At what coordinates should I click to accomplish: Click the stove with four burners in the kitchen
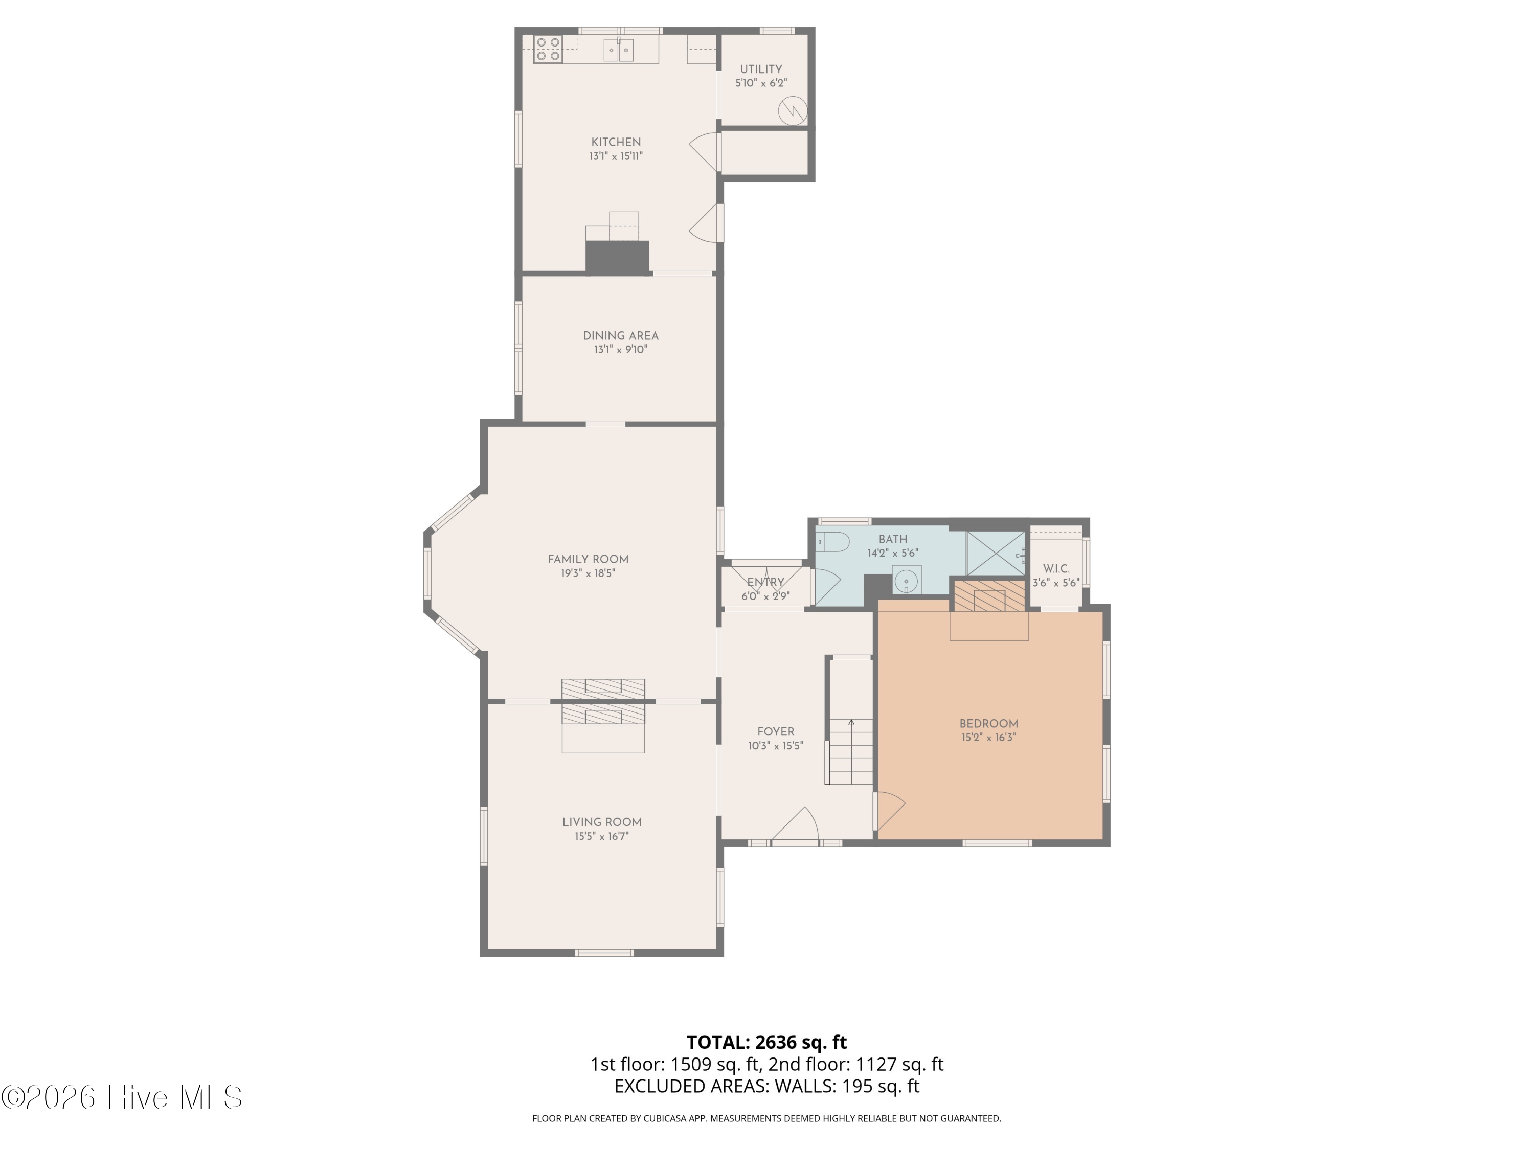[x=548, y=49]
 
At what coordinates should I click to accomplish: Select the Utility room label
[x=761, y=70]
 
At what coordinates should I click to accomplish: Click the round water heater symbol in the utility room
[x=792, y=111]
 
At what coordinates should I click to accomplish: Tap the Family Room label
[x=588, y=559]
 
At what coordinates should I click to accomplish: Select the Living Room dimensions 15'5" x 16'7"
[x=601, y=837]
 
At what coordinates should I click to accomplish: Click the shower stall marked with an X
[x=995, y=553]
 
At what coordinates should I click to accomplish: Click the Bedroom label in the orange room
[x=988, y=724]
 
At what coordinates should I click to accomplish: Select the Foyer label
[x=775, y=731]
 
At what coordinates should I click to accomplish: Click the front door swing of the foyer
[x=798, y=825]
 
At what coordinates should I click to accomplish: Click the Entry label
[x=765, y=582]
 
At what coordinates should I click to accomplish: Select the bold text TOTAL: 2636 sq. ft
[x=766, y=1042]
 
